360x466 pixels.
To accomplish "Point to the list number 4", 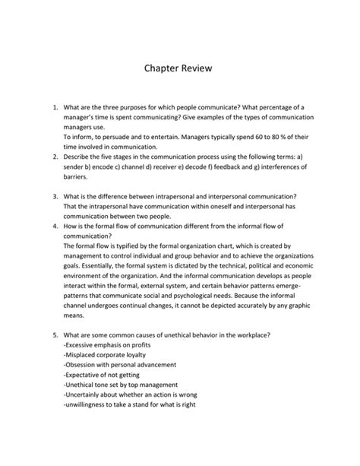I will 54,226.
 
